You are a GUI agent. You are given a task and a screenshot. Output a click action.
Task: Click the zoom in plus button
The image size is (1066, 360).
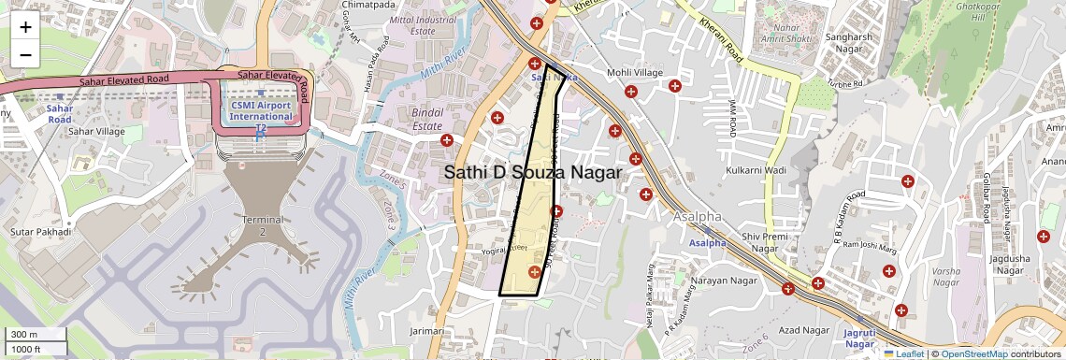click(x=25, y=27)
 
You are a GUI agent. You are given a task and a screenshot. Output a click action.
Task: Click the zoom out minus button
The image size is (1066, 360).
click(x=25, y=54)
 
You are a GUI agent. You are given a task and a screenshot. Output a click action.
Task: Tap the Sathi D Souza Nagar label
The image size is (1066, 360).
click(x=532, y=173)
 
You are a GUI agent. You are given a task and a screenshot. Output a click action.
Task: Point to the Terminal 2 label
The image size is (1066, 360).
click(x=262, y=225)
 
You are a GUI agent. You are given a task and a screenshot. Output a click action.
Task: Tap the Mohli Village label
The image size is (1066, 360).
click(x=635, y=73)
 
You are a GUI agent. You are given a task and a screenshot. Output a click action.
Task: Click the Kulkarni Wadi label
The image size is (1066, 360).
click(x=756, y=170)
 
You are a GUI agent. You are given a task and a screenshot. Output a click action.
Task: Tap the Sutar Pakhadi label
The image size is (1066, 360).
click(x=36, y=230)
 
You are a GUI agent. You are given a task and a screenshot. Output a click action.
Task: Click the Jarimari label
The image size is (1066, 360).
click(x=426, y=331)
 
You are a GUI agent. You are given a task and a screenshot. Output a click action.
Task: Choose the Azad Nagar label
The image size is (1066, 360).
click(x=804, y=330)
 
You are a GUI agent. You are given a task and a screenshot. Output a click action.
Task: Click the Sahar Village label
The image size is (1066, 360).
click(x=96, y=132)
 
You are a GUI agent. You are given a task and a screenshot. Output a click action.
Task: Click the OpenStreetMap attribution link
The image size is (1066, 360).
click(x=973, y=353)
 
